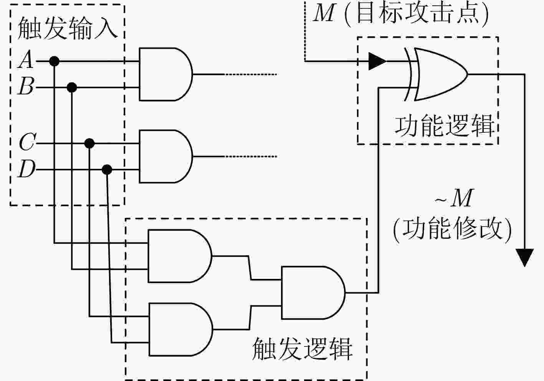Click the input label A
(x=26, y=59)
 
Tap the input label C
(x=27, y=142)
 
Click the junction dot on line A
(x=54, y=61)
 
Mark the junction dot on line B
(x=72, y=87)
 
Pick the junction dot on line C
(x=89, y=143)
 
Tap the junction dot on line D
(x=107, y=169)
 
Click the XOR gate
(x=436, y=74)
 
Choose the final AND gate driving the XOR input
(x=313, y=293)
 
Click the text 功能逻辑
(x=445, y=126)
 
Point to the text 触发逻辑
(x=303, y=349)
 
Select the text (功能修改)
(x=452, y=229)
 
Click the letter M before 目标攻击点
(x=325, y=13)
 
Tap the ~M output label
(x=454, y=198)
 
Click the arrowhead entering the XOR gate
(x=377, y=61)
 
